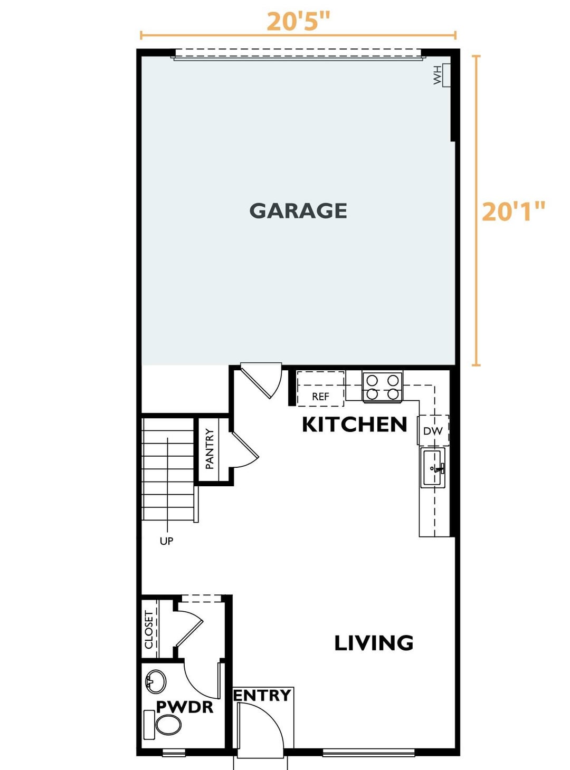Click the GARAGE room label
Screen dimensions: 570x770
click(x=298, y=211)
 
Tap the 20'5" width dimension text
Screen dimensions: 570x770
click(x=298, y=22)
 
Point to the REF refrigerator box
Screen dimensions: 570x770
click(x=320, y=388)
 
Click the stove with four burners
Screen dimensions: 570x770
click(x=382, y=387)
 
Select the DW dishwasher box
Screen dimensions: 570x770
click(x=433, y=430)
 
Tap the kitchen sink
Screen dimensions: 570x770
click(x=432, y=468)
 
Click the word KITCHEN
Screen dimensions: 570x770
click(x=354, y=425)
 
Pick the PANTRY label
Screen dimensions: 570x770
click(x=209, y=449)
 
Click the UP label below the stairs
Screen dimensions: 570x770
click(x=166, y=541)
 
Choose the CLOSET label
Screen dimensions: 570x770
click(x=149, y=630)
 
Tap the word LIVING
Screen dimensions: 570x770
click(x=374, y=643)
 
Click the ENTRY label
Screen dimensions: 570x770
click(x=262, y=695)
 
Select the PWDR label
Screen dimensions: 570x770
click(x=185, y=707)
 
